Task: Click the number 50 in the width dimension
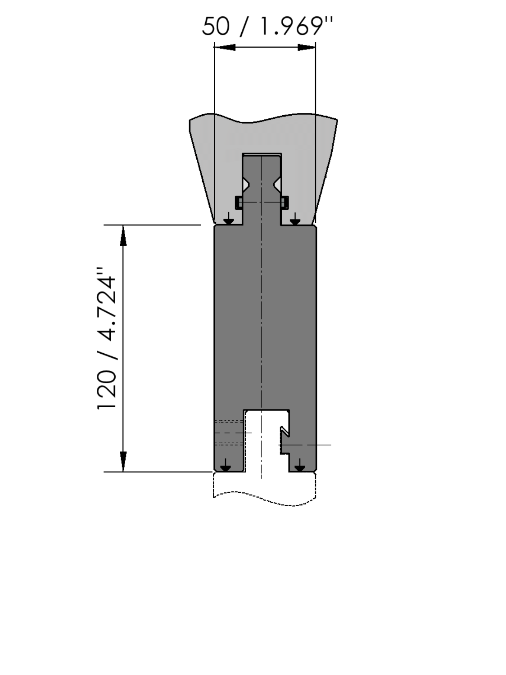point(216,26)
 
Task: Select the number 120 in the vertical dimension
point(107,390)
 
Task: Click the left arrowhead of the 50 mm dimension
point(225,47)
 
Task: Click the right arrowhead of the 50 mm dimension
point(307,47)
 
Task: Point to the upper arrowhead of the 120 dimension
point(123,236)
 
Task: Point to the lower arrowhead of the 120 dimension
point(123,461)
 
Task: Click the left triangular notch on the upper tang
point(246,185)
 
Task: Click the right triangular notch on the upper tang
point(277,185)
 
